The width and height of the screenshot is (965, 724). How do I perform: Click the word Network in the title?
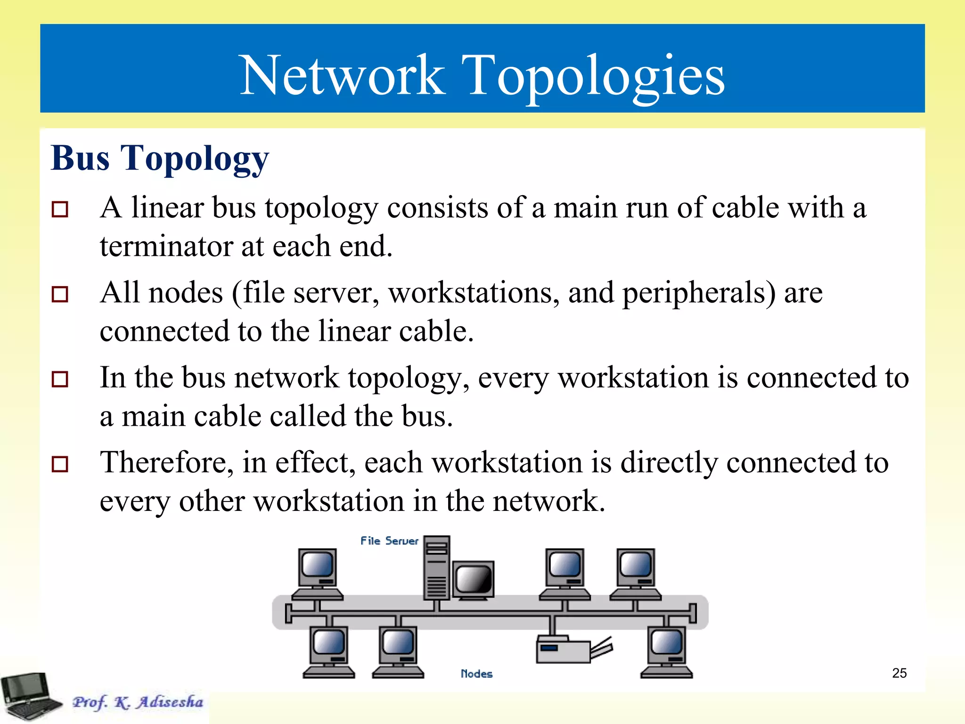[342, 75]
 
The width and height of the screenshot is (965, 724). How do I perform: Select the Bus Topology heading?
[160, 158]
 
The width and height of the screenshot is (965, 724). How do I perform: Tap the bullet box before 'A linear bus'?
[60, 209]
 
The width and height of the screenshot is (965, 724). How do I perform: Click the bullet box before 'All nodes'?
[60, 294]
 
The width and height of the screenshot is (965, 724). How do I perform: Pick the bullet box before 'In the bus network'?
[60, 379]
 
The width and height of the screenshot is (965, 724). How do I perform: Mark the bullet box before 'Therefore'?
[60, 464]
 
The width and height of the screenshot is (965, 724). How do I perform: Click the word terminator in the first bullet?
[166, 246]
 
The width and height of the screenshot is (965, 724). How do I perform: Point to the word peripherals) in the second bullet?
[699, 293]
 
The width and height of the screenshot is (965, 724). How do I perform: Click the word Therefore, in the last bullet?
[167, 462]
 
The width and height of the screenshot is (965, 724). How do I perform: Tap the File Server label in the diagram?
[389, 541]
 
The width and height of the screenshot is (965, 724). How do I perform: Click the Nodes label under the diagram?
[476, 674]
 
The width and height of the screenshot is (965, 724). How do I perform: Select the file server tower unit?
[437, 568]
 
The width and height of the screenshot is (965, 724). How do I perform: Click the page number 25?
[899, 673]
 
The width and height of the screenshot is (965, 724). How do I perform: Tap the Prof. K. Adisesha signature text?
[138, 702]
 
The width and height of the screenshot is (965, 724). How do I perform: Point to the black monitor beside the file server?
[474, 580]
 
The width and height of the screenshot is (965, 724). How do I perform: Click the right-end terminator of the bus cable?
[693, 613]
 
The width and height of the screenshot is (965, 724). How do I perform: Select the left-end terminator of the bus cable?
[289, 613]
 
